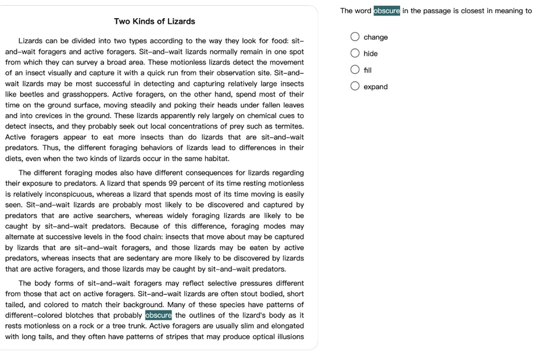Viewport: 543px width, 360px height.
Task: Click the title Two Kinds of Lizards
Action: point(155,22)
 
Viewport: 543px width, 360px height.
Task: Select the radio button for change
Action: point(355,37)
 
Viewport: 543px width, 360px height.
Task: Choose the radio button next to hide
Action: point(355,54)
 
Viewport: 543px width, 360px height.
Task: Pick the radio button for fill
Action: point(355,70)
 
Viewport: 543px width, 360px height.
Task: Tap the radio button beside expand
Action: point(355,87)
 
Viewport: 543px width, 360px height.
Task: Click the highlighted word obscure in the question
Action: point(387,10)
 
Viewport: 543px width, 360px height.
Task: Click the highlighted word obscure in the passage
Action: point(159,315)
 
